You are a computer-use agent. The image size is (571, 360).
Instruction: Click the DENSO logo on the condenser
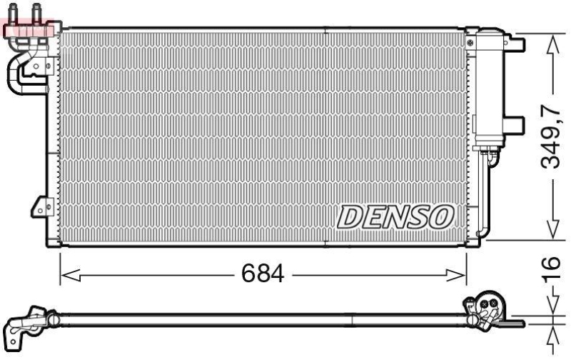(395, 217)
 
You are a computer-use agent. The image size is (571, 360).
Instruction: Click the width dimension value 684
(262, 274)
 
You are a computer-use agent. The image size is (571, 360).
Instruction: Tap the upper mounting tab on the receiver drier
(515, 44)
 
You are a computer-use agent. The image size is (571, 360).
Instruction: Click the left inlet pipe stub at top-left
(12, 10)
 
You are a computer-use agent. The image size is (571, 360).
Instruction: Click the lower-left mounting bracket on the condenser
(42, 208)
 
